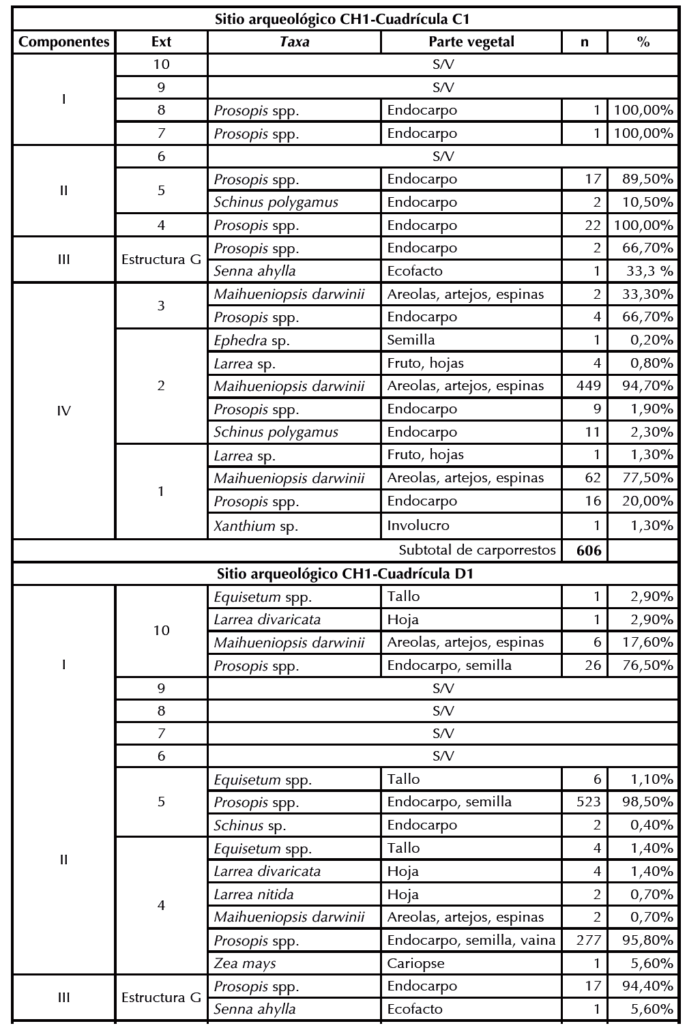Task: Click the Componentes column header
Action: pyautogui.click(x=64, y=42)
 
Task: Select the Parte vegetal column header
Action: pyautogui.click(x=471, y=42)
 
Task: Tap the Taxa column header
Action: pyautogui.click(x=294, y=42)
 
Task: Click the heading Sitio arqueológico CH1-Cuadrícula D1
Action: pyautogui.click(x=345, y=574)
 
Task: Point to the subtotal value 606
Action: pyautogui.click(x=589, y=550)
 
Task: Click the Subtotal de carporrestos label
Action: pyautogui.click(x=477, y=550)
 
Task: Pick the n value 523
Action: pyautogui.click(x=589, y=802)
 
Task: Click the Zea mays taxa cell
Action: pyautogui.click(x=245, y=964)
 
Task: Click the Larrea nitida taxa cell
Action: pyautogui.click(x=254, y=894)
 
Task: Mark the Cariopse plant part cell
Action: pyautogui.click(x=413, y=964)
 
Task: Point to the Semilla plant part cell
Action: pyautogui.click(x=411, y=340)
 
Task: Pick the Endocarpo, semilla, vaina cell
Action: pyautogui.click(x=471, y=941)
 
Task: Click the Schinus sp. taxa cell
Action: pyautogui.click(x=250, y=825)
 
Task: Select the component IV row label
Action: pyautogui.click(x=64, y=411)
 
